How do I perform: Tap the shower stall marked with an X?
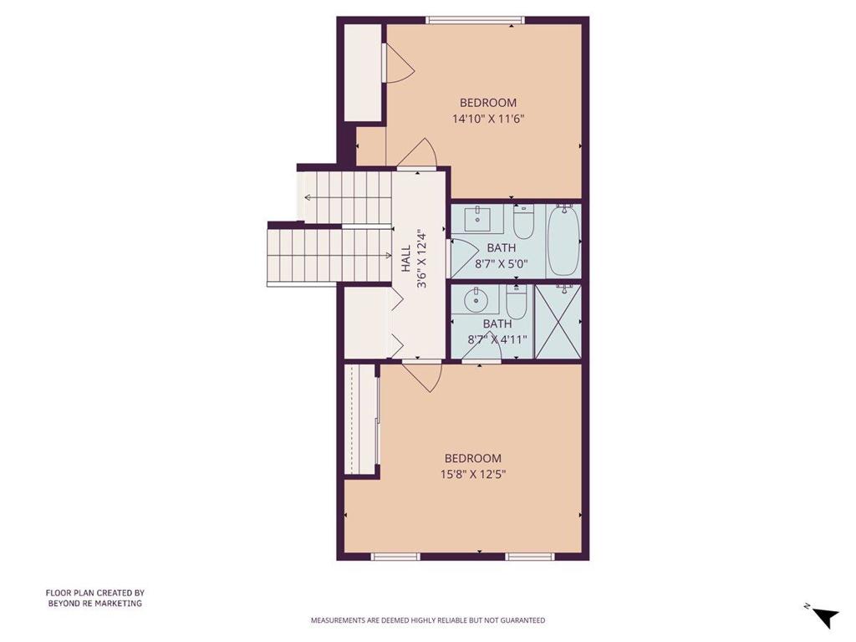[558, 321]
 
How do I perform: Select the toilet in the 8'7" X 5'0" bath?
[523, 222]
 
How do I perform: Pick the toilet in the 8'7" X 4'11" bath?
[516, 302]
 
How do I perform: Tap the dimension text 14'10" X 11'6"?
[488, 119]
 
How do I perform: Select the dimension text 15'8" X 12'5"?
[472, 474]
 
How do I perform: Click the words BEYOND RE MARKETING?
[94, 603]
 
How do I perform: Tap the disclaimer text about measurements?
[428, 620]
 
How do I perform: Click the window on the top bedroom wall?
[475, 19]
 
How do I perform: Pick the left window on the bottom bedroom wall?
[395, 556]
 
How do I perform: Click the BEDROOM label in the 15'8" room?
[472, 458]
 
